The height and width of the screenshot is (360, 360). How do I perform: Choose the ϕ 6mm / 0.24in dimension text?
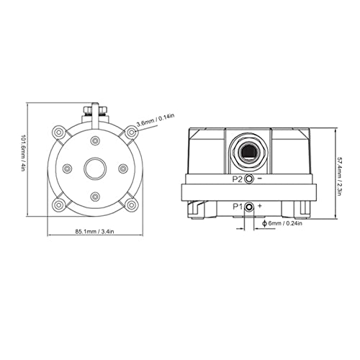tap(283, 223)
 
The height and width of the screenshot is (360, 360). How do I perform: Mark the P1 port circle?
tap(249, 207)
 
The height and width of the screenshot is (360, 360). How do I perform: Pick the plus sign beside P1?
tap(260, 206)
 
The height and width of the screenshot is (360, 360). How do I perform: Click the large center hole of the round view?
tap(94, 169)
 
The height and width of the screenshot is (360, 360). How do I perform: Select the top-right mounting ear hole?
tap(131, 132)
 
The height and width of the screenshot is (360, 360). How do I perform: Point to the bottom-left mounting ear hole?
tap(58, 206)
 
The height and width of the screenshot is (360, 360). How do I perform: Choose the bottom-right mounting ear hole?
tap(131, 206)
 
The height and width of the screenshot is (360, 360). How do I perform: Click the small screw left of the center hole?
tap(66, 169)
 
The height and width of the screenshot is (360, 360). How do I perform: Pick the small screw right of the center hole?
tap(122, 169)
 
